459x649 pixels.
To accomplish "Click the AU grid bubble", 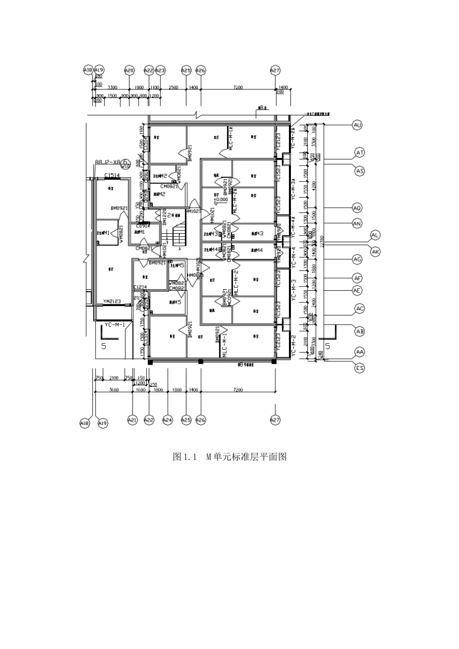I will point(358,125).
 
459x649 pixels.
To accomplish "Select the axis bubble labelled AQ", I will point(357,208).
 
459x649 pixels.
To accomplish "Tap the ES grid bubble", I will point(359,368).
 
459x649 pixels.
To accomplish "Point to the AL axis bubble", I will point(375,235).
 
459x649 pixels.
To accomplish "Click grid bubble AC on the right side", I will point(359,309).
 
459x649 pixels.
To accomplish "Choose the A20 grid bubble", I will point(129,71).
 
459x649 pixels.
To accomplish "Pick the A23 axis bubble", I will point(160,71).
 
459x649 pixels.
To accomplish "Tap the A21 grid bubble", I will point(132,420).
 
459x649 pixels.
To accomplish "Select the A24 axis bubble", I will point(168,420).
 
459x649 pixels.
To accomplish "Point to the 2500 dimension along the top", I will point(173,87).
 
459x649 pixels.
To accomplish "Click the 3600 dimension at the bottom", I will point(114,390).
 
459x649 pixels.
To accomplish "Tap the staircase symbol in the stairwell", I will point(179,236).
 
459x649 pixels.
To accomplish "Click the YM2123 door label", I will point(112,301).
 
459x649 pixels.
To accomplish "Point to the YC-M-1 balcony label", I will point(115,325).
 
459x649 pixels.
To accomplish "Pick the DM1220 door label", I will point(165,217).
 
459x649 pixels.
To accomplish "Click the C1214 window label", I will point(140,287).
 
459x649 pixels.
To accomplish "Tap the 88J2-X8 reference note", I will point(108,163).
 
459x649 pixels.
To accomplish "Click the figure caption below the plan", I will point(229,456).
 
